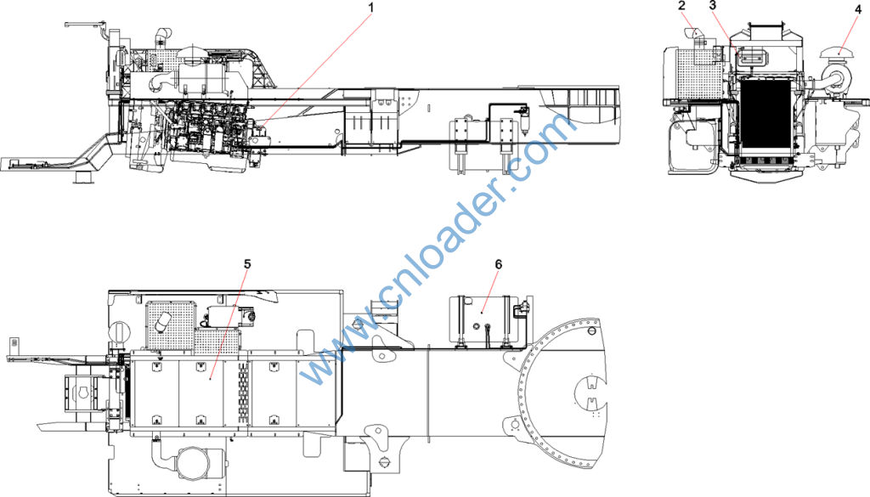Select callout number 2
tap(682, 6)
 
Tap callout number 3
tap(713, 6)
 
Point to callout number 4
tap(858, 9)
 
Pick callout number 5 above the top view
tap(247, 264)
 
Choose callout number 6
tap(498, 264)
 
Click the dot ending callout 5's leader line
tap(211, 378)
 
